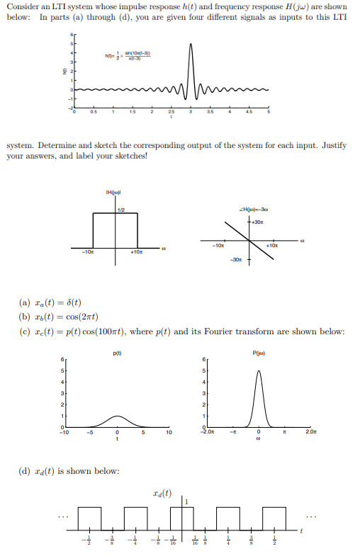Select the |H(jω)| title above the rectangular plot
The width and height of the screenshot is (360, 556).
(x=117, y=191)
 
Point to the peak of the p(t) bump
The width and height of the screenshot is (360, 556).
(x=118, y=416)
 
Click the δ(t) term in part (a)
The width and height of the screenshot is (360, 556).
(x=74, y=305)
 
